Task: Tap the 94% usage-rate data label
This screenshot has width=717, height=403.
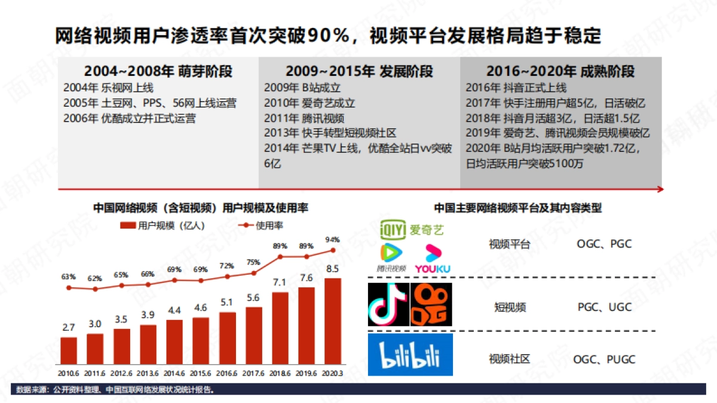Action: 332,239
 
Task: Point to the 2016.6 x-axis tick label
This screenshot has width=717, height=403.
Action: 227,373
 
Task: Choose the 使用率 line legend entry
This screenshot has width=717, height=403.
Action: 262,226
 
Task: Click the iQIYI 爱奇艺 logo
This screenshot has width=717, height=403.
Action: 413,228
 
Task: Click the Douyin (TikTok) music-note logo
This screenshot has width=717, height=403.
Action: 388,304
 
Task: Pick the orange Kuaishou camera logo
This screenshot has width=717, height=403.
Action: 431,304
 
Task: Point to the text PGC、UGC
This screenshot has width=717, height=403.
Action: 604,307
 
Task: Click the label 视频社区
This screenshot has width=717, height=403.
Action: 509,359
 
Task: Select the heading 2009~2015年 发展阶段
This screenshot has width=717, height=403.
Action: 359,72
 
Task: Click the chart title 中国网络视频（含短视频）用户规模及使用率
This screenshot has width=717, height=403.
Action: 201,208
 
